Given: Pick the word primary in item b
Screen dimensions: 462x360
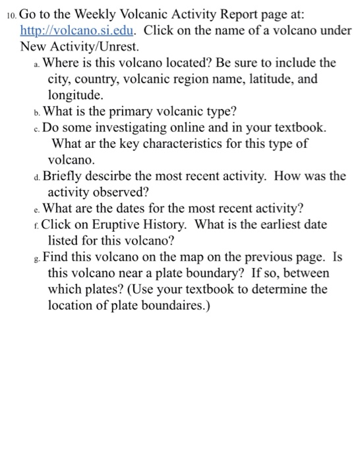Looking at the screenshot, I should (x=125, y=111).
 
